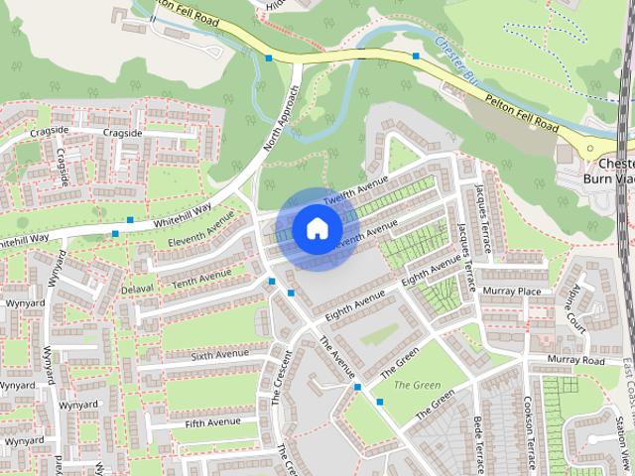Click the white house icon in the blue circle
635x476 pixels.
pos(317,228)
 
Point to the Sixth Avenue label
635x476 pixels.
pos(219,354)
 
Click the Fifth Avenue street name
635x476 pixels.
pos(213,423)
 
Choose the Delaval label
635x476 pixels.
pos(137,289)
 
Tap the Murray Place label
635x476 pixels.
pos(511,291)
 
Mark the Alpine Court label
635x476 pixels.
pos(578,308)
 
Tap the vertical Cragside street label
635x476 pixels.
pos(63,167)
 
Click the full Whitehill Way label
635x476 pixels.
pos(182,212)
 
